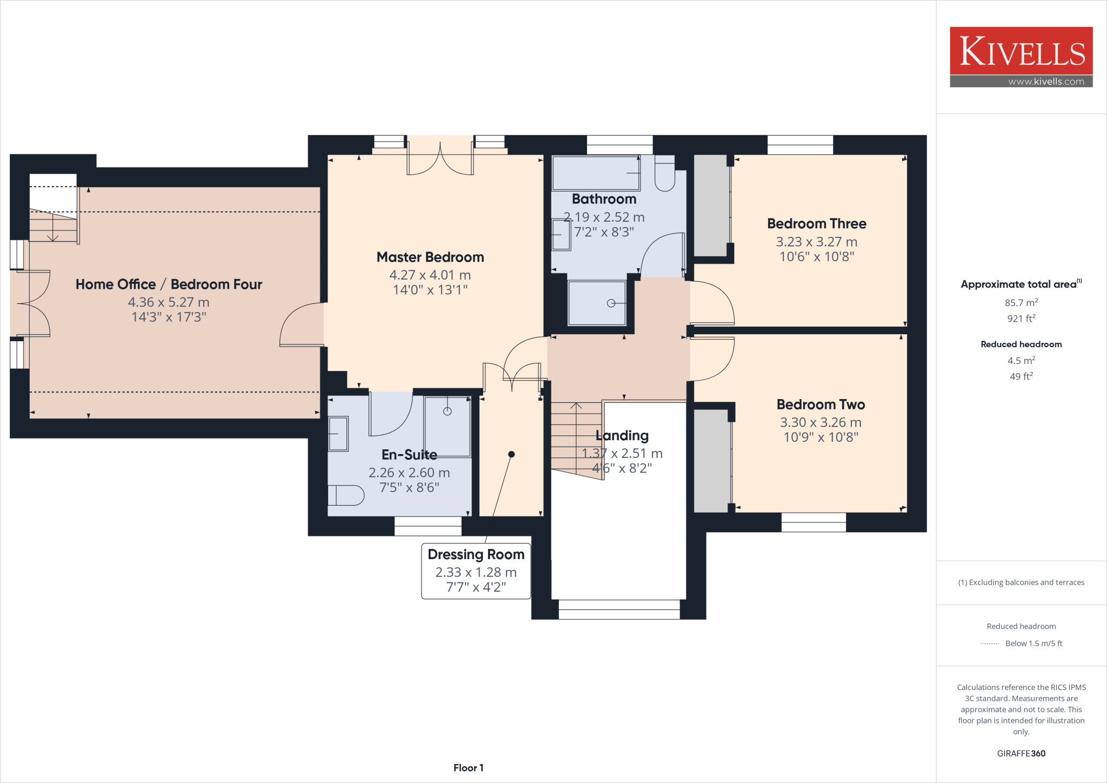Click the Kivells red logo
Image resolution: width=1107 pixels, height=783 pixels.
click(1021, 51)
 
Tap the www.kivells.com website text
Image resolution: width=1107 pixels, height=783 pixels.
click(1046, 82)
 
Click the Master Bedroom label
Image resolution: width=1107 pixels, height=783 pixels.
click(430, 257)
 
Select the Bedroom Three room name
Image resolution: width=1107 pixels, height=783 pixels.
click(816, 223)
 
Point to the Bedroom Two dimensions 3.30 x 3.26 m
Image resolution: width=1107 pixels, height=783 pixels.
click(820, 422)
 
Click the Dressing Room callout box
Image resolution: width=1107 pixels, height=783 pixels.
click(476, 570)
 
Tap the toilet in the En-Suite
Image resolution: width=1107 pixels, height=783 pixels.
click(346, 495)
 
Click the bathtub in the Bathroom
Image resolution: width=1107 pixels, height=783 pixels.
click(596, 173)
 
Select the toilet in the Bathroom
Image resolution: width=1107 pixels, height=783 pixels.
click(664, 174)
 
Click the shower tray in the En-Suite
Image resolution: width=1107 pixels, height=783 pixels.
click(447, 427)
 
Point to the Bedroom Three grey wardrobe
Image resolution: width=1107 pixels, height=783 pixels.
click(711, 205)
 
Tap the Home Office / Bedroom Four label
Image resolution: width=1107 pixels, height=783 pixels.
click(169, 284)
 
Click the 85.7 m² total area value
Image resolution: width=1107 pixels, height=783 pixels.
click(1021, 303)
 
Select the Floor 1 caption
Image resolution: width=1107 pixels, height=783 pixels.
click(468, 768)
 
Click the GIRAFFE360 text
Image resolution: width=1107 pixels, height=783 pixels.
click(1021, 753)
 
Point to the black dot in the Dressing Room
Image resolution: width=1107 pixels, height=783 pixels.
click(511, 454)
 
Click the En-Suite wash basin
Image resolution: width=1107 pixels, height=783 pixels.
click(338, 434)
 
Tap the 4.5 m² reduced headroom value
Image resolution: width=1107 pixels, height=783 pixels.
click(1021, 361)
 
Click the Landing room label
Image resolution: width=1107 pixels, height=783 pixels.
click(622, 435)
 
